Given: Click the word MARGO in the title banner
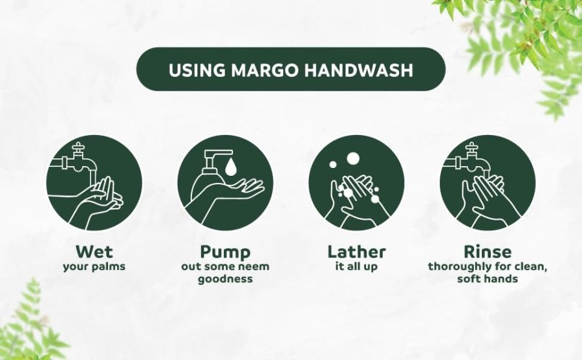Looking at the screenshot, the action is point(264,70).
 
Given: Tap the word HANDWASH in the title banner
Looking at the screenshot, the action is point(358,70).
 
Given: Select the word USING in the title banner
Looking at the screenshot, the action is point(197,70).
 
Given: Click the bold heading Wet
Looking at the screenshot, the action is point(94,251).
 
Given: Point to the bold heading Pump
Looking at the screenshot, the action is point(225,253).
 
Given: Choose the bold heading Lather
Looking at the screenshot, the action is point(356,251).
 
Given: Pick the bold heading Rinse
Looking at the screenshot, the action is point(488,251).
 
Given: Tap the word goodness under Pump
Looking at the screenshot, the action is point(225,279).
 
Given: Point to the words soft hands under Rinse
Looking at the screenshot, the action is point(488,279).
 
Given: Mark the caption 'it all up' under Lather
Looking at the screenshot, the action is point(356,267).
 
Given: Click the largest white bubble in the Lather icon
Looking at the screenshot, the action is point(352,158).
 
